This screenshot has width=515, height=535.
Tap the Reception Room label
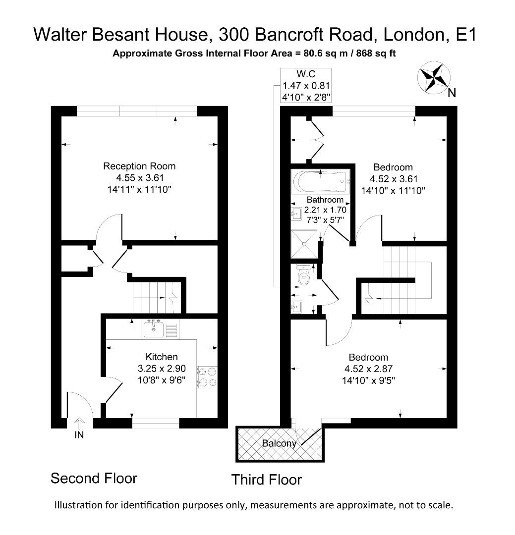click(139, 166)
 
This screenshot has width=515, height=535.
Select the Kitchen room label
click(161, 357)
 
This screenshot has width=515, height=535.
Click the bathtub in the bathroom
click(321, 182)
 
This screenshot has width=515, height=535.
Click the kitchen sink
click(154, 328)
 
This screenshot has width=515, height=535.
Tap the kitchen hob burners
click(207, 376)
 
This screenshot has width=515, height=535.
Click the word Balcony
click(279, 443)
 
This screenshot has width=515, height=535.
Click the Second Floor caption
click(94, 479)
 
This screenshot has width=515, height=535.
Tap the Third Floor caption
click(266, 480)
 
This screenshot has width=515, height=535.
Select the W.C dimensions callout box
click(306, 85)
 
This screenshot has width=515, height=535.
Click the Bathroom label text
click(325, 200)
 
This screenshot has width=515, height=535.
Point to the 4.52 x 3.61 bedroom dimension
click(393, 179)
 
